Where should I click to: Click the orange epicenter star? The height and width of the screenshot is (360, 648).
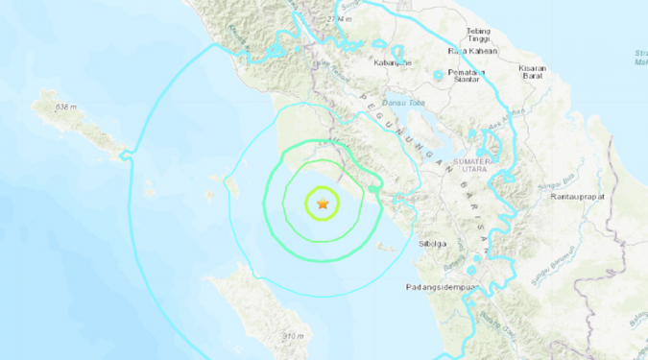[323, 203]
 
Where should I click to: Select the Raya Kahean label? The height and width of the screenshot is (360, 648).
[469, 52]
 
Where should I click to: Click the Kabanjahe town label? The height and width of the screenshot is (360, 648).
[396, 64]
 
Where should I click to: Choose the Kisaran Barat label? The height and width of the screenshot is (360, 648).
[532, 74]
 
